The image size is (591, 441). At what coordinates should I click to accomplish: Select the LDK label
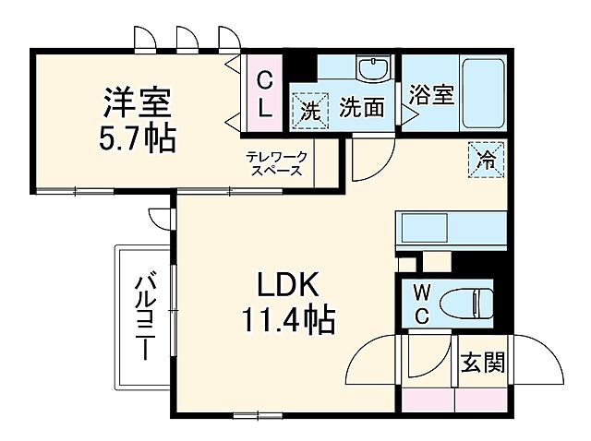pos(287,284)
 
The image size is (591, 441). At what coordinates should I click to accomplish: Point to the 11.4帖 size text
pos(288,320)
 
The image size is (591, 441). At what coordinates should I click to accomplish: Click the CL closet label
pos(264,93)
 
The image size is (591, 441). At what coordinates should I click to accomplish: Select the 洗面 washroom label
pos(361,108)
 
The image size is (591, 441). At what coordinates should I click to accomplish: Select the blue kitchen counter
pos(451,228)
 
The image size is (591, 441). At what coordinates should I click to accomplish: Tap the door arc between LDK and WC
pos(373,361)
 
